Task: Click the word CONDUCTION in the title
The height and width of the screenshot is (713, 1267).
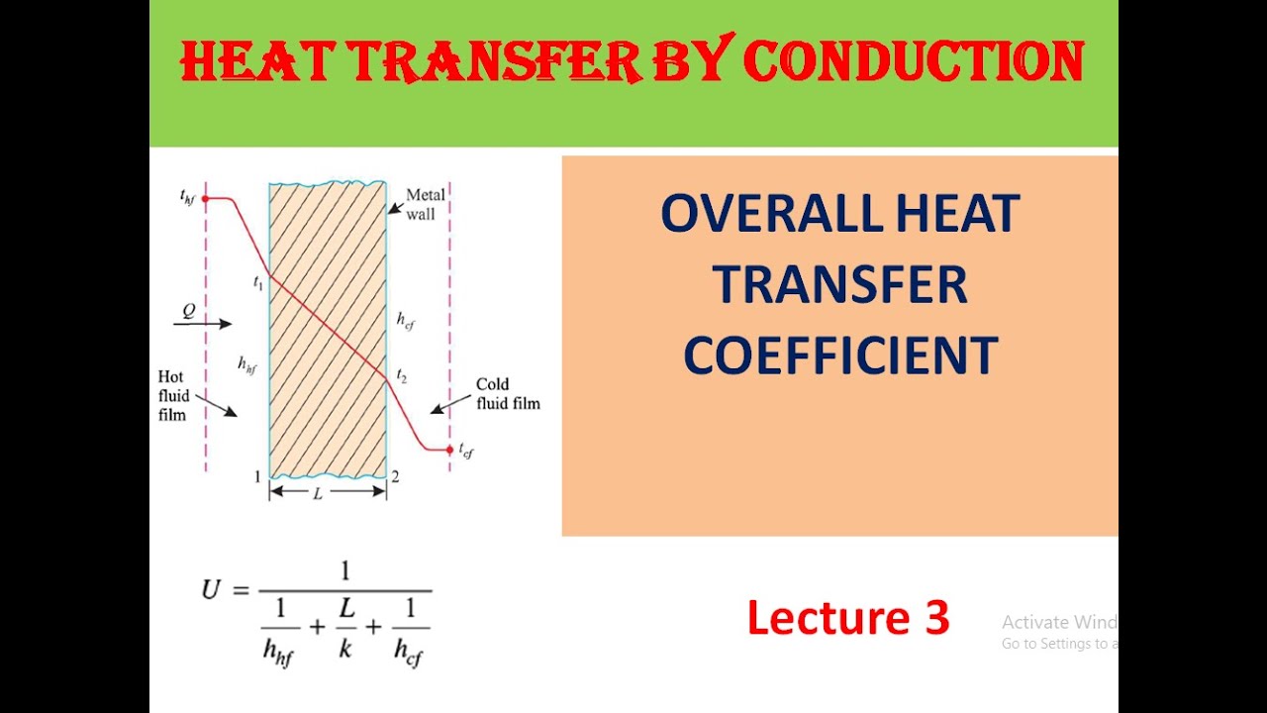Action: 913,61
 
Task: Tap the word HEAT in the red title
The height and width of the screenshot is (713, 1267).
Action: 245,61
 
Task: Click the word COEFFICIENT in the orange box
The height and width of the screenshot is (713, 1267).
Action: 839,356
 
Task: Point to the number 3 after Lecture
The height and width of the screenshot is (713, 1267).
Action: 934,618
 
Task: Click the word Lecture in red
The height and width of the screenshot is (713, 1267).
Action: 820,618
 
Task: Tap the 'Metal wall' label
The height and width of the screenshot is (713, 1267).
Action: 426,204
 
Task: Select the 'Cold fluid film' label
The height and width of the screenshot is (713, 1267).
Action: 508,394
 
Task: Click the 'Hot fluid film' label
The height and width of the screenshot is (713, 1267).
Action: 173,395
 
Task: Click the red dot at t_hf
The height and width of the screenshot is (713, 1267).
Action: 206,199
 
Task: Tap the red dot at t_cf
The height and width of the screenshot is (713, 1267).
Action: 449,450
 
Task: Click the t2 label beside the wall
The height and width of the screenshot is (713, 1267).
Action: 401,375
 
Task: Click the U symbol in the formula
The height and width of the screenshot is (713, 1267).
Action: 211,590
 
